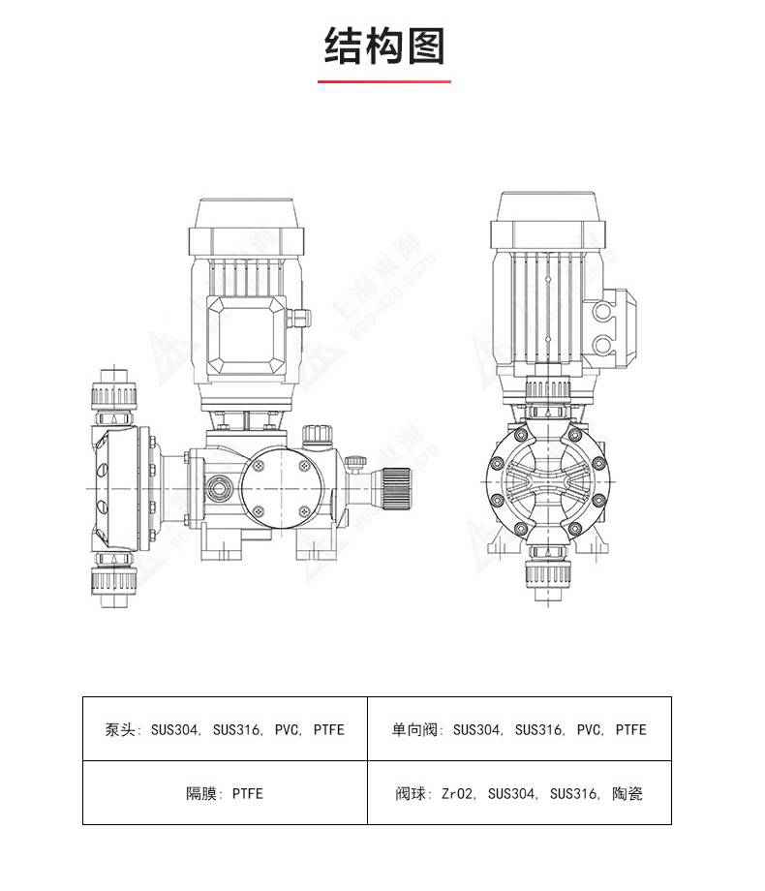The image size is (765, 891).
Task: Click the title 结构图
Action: click(x=384, y=46)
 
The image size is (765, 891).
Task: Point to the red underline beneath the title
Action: click(x=384, y=81)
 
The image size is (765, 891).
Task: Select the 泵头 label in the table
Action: click(x=120, y=729)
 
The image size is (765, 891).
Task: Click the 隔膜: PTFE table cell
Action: click(x=225, y=793)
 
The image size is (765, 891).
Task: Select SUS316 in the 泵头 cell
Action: click(x=237, y=729)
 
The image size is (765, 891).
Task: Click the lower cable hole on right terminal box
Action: click(x=607, y=344)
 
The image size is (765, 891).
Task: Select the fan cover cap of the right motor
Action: click(x=548, y=219)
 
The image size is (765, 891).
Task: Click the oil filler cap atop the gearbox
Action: click(x=316, y=435)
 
